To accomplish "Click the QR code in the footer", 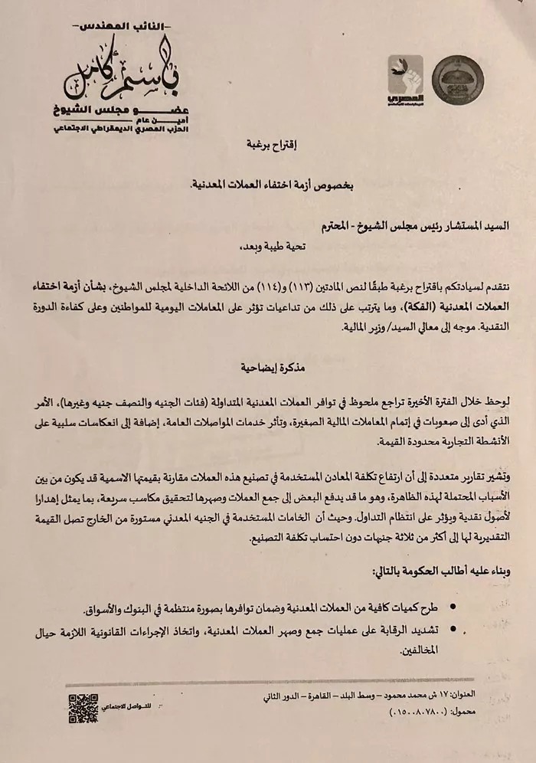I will (83, 709).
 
